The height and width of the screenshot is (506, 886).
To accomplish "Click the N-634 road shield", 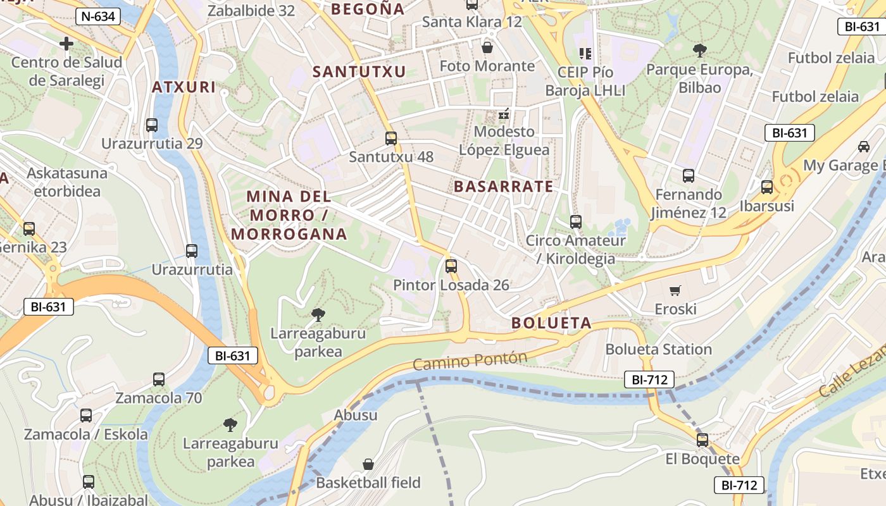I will click(x=98, y=16).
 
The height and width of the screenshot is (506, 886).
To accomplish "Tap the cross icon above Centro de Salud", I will click(x=66, y=44).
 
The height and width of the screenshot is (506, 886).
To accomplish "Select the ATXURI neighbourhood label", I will click(x=184, y=87).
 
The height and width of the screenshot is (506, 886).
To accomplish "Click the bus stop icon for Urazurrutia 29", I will click(x=152, y=125).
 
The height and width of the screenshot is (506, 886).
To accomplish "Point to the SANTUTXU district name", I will click(x=359, y=72).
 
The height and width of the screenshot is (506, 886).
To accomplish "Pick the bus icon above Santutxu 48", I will click(x=391, y=138).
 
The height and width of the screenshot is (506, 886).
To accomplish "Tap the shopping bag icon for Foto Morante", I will click(x=487, y=47).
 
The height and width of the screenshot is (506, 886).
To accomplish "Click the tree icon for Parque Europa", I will click(x=699, y=50).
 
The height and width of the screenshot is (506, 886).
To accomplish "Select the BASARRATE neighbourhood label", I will click(x=503, y=187).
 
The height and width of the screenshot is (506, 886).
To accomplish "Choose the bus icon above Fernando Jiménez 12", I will click(x=689, y=176).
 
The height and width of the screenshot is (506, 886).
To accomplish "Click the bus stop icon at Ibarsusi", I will click(x=767, y=187).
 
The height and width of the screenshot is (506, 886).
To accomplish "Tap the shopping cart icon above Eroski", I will click(x=675, y=290).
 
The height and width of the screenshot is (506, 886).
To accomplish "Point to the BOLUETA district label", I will click(x=551, y=323).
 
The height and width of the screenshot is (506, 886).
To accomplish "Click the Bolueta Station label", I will click(x=658, y=349).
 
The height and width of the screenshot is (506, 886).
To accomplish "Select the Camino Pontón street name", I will click(x=470, y=361).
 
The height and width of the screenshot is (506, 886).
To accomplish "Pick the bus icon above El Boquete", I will click(x=702, y=440).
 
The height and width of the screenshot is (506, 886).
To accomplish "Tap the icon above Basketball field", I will click(x=368, y=464).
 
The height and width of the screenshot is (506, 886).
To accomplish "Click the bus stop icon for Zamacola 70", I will click(x=159, y=379).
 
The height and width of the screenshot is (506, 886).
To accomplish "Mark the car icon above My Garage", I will click(x=863, y=147).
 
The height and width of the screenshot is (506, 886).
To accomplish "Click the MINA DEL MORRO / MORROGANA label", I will click(x=289, y=215).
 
